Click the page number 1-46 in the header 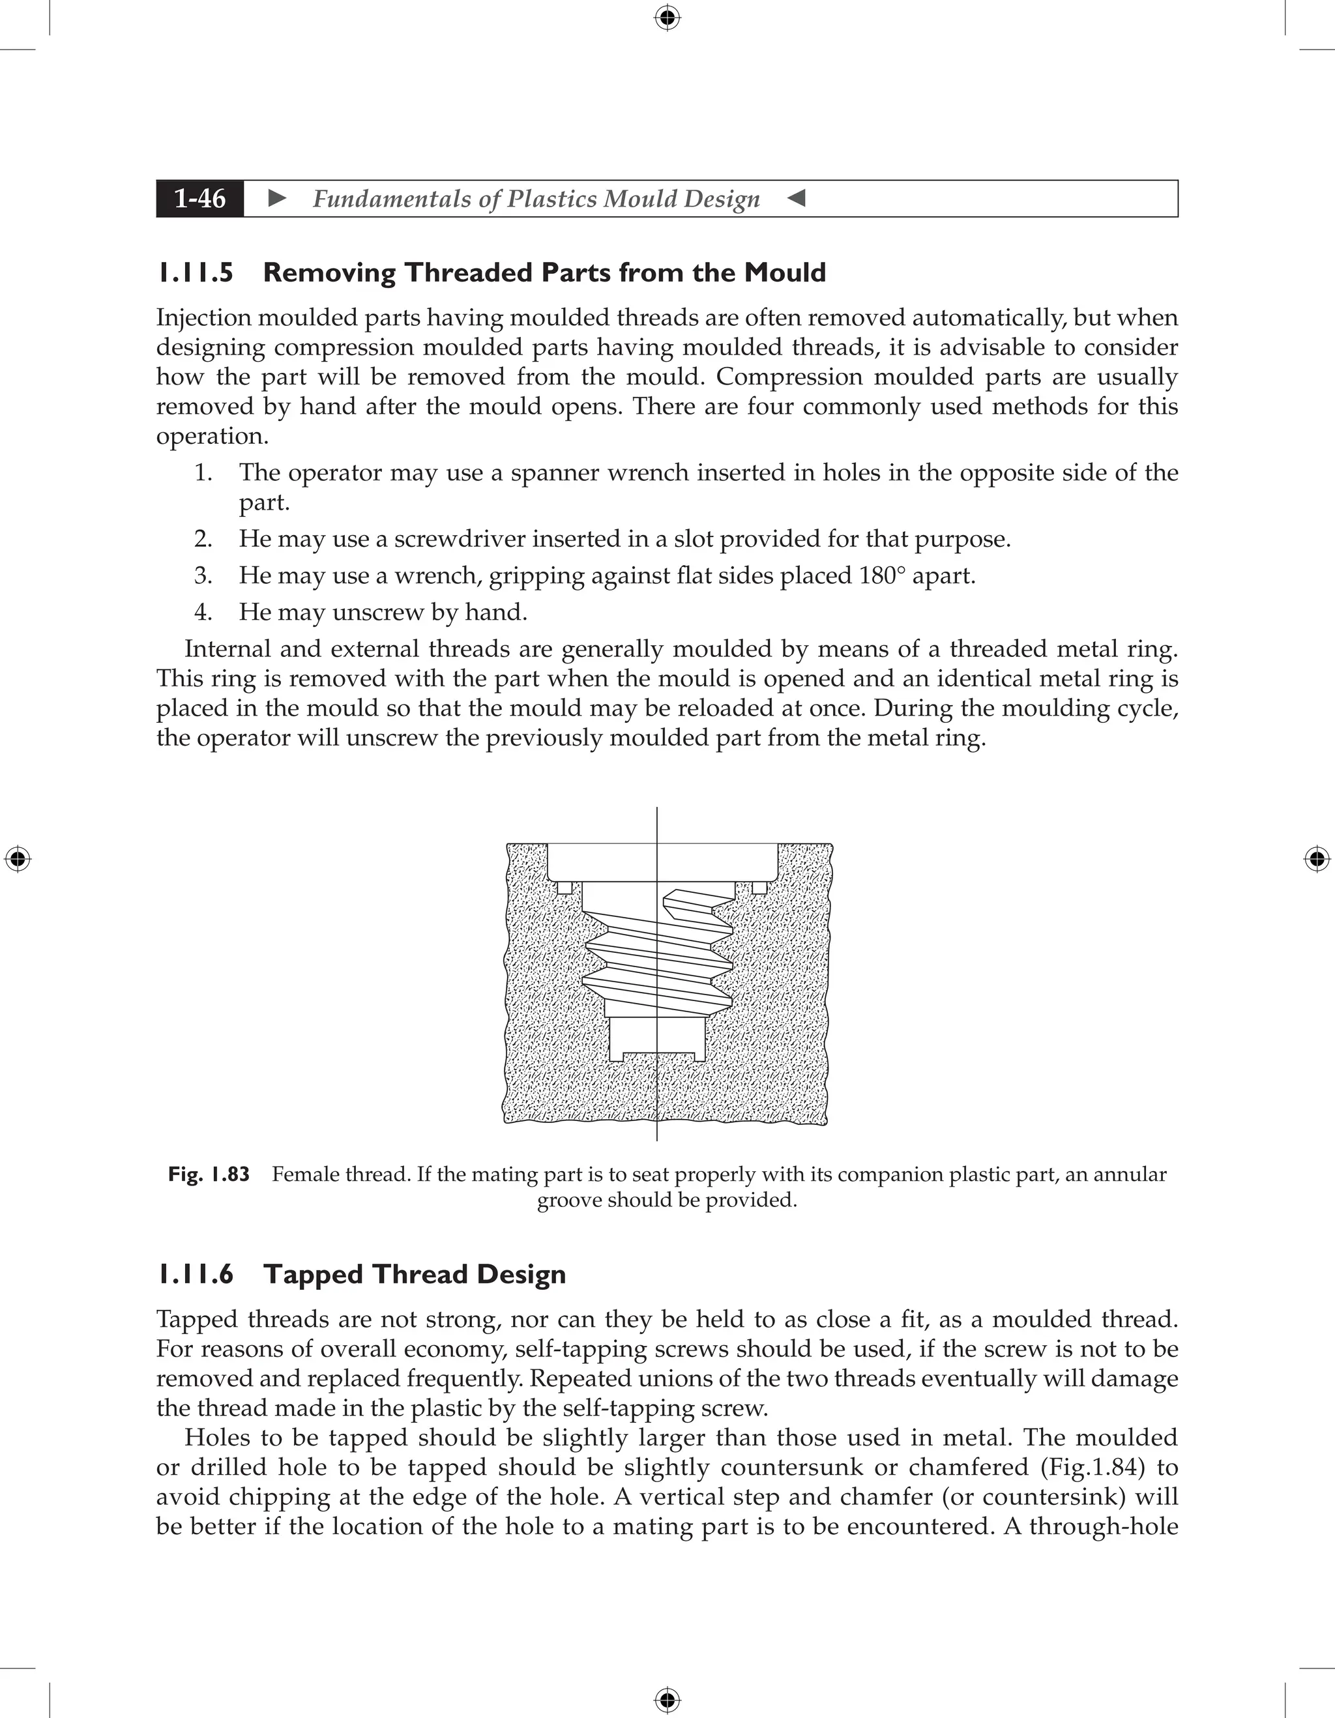pos(200,198)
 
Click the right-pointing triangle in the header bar pos(277,198)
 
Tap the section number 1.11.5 pos(195,273)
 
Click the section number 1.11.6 pos(195,1274)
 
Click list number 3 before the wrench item pos(202,575)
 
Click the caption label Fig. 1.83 pos(209,1174)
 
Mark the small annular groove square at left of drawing pos(563,887)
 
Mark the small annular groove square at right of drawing pos(759,887)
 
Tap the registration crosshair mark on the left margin pos(18,859)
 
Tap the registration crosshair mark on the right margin pos(1317,859)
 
